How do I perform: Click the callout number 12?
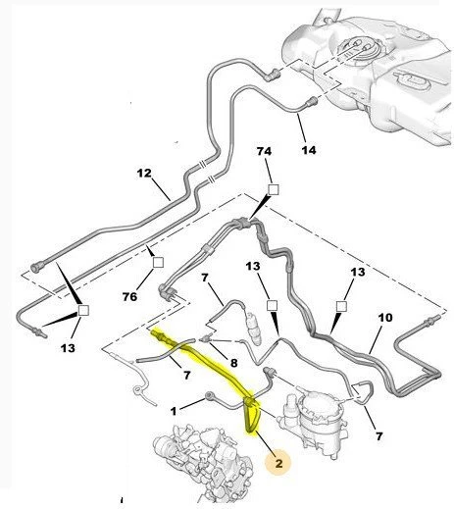pyautogui.click(x=144, y=173)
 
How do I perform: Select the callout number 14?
pyautogui.click(x=309, y=150)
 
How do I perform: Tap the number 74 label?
pyautogui.click(x=264, y=151)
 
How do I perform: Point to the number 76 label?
pyautogui.click(x=129, y=296)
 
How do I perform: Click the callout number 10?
pyautogui.click(x=385, y=317)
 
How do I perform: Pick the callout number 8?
pyautogui.click(x=233, y=363)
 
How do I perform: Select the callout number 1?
pyautogui.click(x=174, y=411)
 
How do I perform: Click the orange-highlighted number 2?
pyautogui.click(x=278, y=463)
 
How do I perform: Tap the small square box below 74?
pyautogui.click(x=274, y=189)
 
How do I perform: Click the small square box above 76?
pyautogui.click(x=158, y=262)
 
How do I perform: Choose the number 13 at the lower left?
pyautogui.click(x=68, y=348)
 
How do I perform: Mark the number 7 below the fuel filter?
pyautogui.click(x=378, y=436)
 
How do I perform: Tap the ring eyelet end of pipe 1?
pyautogui.click(x=209, y=396)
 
